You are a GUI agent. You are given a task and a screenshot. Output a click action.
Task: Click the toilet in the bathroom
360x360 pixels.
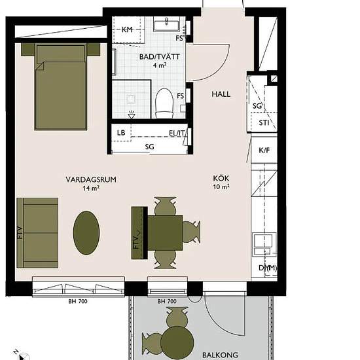coord(164,103)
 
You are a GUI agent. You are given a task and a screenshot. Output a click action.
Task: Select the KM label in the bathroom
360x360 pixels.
coord(127,29)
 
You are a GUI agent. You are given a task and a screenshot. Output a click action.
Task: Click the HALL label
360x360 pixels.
coord(221,94)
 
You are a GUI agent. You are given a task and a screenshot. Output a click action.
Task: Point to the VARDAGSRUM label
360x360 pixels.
coord(91,179)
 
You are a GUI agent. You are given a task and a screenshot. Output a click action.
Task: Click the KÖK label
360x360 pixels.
coord(221,179)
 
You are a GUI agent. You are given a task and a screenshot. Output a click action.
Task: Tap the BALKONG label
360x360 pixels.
coord(220,355)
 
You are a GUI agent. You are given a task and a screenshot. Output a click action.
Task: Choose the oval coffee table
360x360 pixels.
coord(86,233)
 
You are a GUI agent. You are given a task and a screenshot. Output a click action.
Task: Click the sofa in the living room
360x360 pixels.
coord(37,233)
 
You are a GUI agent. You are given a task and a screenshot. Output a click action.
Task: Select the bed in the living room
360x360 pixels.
coord(61,86)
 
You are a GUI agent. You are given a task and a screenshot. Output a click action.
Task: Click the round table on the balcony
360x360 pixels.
coord(177,342)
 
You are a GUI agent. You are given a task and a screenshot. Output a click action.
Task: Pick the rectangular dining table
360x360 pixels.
coord(165,232)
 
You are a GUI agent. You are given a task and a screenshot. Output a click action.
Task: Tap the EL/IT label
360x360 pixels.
coord(177,133)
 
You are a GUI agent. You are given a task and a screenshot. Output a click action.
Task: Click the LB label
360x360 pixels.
coord(121,133)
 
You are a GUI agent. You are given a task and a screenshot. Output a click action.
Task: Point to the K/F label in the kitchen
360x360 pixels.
coord(264,151)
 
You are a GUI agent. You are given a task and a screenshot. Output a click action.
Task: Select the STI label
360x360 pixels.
coord(264,123)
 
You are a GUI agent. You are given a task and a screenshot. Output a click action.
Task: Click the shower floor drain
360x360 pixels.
coord(132,99)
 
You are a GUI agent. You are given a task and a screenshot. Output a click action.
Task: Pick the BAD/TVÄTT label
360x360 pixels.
coord(159,57)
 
